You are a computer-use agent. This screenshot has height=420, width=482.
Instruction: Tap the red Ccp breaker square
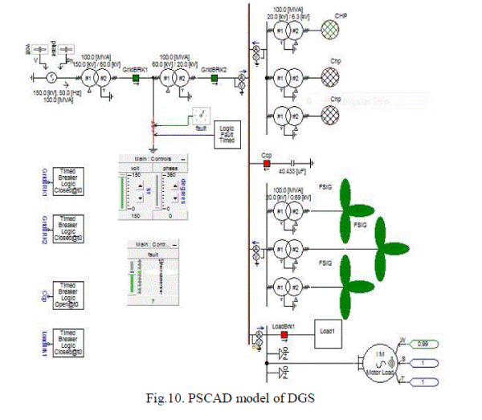pyautogui.click(x=266, y=163)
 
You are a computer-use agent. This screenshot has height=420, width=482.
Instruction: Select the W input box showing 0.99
pyautogui.click(x=435, y=346)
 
